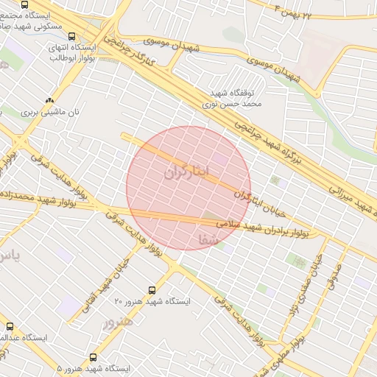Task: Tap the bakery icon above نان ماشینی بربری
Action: (x=49, y=100)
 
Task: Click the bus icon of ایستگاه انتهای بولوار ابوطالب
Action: (x=71, y=35)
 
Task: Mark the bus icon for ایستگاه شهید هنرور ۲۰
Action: (x=152, y=289)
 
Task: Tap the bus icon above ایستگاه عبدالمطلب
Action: (x=10, y=325)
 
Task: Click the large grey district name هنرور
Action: (x=119, y=322)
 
